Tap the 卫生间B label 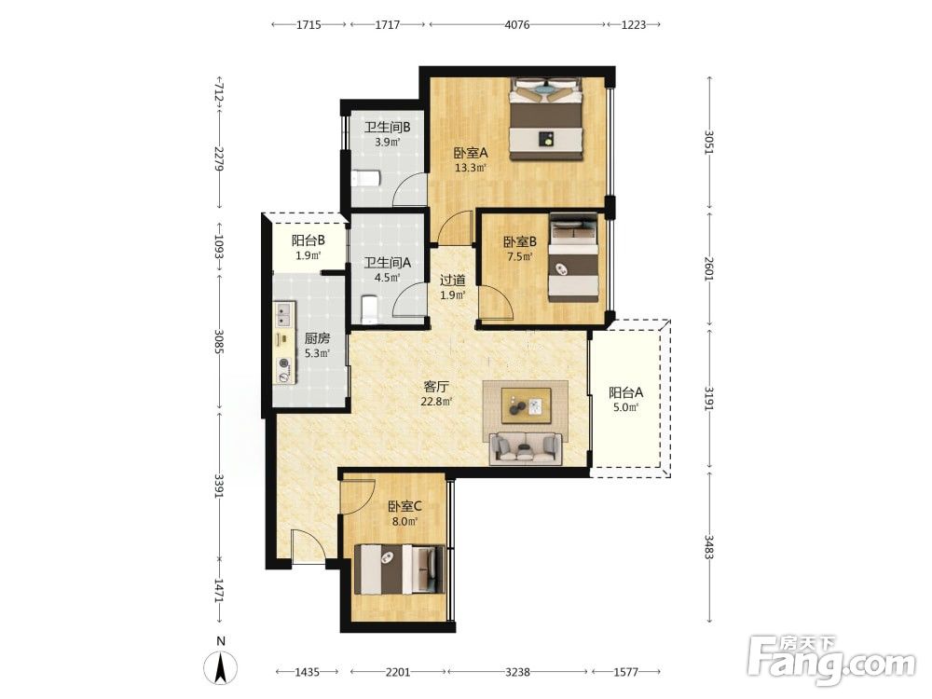388,127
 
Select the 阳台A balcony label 626,393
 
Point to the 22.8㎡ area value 436,402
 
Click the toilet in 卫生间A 369,309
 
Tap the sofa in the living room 526,447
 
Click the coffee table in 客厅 526,405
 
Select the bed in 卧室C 400,569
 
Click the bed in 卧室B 573,257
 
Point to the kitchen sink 283,314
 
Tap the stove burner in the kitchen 284,370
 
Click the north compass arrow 221,667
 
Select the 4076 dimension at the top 516,24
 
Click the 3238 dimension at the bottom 517,672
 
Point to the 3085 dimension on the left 219,342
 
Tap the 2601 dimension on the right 709,268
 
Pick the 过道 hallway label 452,280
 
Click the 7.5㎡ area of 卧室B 519,257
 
